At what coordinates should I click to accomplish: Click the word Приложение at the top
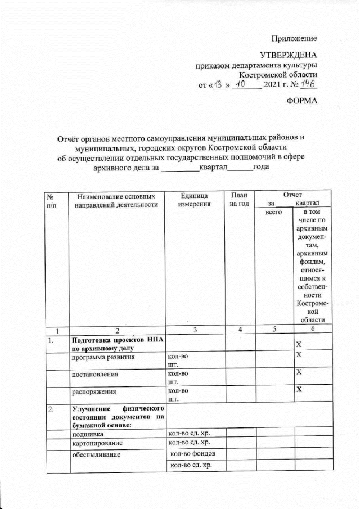coord(294,39)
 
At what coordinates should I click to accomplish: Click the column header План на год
coord(239,199)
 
